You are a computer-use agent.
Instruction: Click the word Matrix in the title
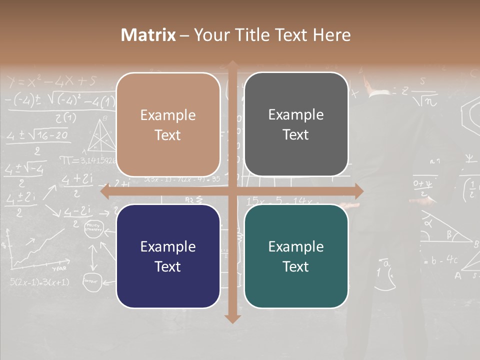pos(148,35)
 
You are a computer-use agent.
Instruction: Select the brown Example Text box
pos(168,124)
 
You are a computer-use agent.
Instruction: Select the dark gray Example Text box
pos(296,124)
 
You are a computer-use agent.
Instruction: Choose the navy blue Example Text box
pos(168,256)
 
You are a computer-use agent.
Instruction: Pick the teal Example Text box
pos(296,256)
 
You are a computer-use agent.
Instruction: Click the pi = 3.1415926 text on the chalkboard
pos(88,160)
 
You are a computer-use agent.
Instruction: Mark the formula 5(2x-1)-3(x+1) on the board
pos(39,282)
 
